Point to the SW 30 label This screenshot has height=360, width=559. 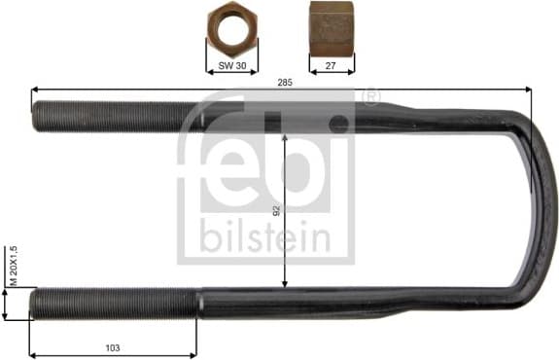pyautogui.click(x=232, y=65)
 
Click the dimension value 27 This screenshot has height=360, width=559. pyautogui.click(x=331, y=65)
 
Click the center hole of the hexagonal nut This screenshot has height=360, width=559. pyautogui.click(x=231, y=27)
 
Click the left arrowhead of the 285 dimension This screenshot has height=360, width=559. pyautogui.click(x=36, y=90)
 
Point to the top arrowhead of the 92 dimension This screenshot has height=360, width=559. pyautogui.click(x=285, y=137)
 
